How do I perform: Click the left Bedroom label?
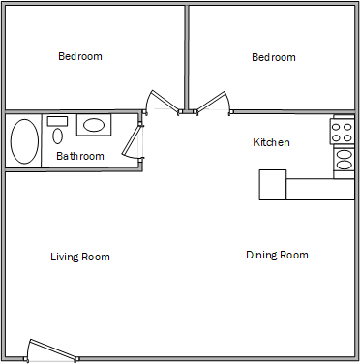[x=79, y=57]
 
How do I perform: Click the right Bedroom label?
[x=273, y=58]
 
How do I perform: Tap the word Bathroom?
[x=79, y=156]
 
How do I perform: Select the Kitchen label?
[x=271, y=143]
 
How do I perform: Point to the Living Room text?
[x=79, y=258]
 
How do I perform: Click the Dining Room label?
[x=277, y=256]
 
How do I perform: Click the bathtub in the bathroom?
[x=23, y=141]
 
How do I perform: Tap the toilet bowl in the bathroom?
[x=58, y=136]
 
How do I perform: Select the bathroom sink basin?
[x=94, y=125]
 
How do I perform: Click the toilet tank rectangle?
[x=57, y=120]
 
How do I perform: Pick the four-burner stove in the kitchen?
[x=343, y=131]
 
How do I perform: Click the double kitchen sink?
[x=344, y=159]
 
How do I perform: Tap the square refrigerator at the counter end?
[x=273, y=184]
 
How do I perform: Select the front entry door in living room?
[x=50, y=349]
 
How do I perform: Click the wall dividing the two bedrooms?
[x=186, y=56]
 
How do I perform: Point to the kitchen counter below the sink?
[x=320, y=189]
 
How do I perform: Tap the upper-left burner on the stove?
[x=338, y=125]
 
